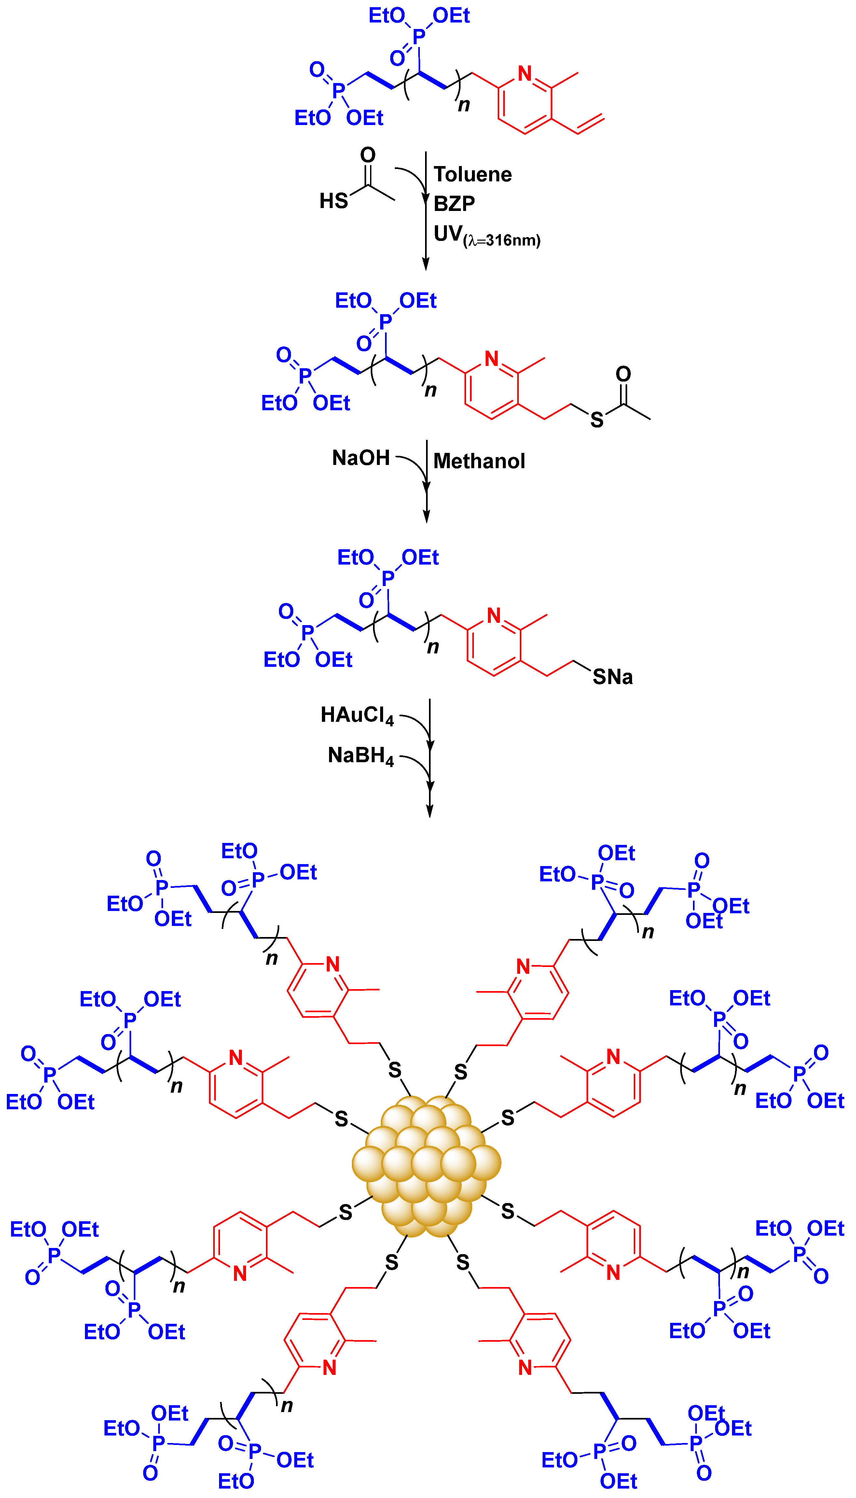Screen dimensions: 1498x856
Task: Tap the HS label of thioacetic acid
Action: pyautogui.click(x=333, y=201)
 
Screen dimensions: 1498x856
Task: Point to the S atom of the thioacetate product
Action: pyautogui.click(x=596, y=420)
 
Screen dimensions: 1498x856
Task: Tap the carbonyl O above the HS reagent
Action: pyautogui.click(x=367, y=155)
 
